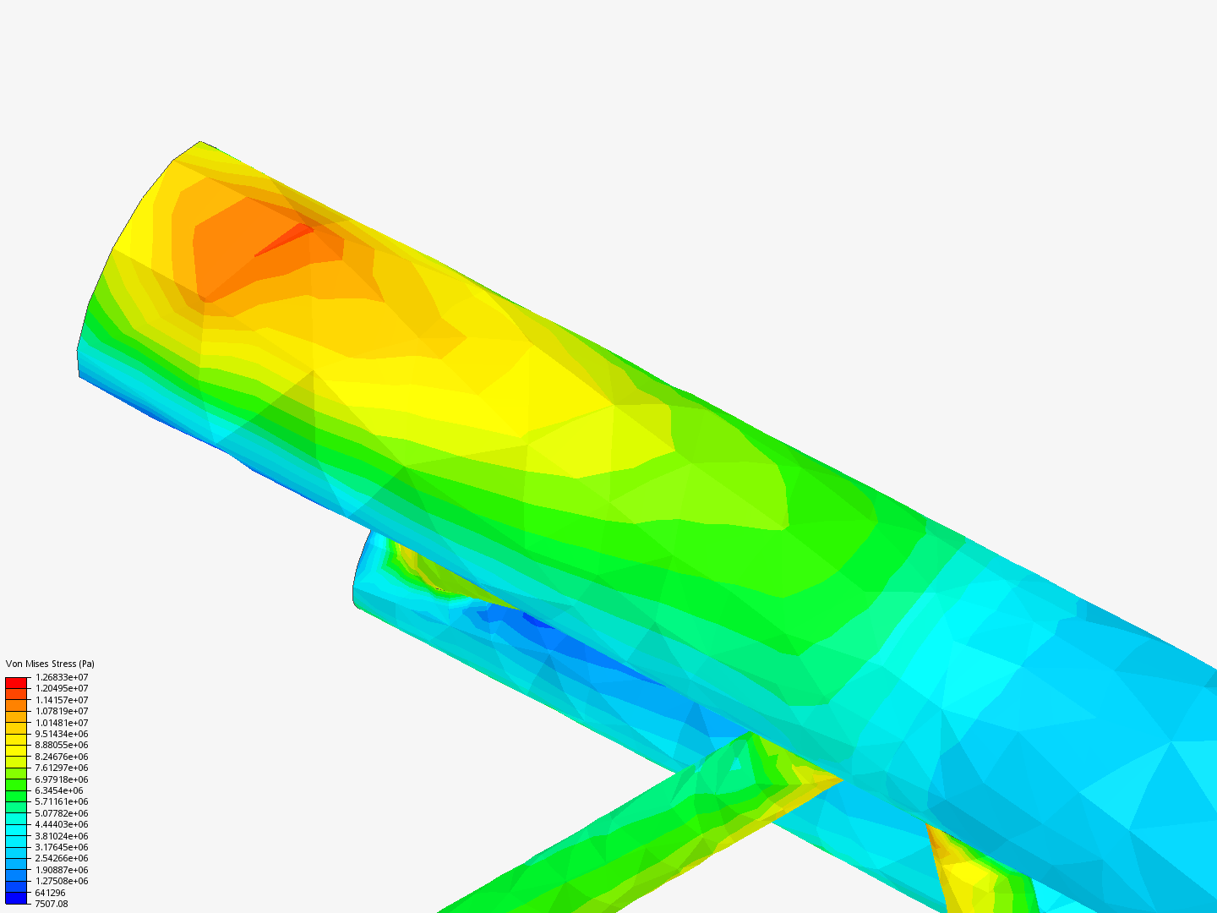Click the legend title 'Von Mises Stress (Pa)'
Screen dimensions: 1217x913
click(x=50, y=664)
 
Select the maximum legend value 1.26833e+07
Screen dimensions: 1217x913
click(x=62, y=677)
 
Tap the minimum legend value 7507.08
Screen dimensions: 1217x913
click(x=52, y=904)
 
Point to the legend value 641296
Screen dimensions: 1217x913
click(x=50, y=893)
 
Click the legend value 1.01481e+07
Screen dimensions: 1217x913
click(x=62, y=723)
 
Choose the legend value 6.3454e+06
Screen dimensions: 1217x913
click(x=59, y=790)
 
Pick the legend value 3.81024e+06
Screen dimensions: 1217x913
click(x=62, y=836)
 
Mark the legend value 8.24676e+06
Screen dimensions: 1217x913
click(x=62, y=757)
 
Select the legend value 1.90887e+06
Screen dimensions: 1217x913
click(x=62, y=870)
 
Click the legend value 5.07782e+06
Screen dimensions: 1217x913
click(x=62, y=813)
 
